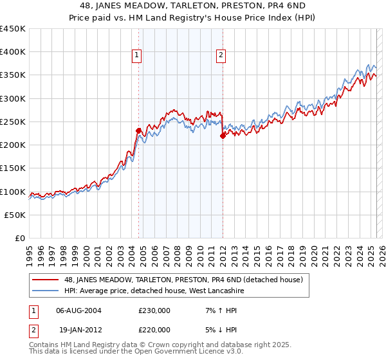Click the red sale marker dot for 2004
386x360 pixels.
(x=138, y=130)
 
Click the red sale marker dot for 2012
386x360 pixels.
(x=223, y=136)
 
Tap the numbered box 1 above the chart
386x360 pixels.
(x=138, y=56)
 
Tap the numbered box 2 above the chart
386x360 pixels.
(x=221, y=56)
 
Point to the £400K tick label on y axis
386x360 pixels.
(x=13, y=52)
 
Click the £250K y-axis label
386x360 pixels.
(x=13, y=122)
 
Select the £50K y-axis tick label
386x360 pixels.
(x=16, y=215)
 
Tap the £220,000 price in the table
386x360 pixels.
(x=154, y=329)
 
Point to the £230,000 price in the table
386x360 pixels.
(x=154, y=310)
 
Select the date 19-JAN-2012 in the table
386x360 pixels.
(x=78, y=329)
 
